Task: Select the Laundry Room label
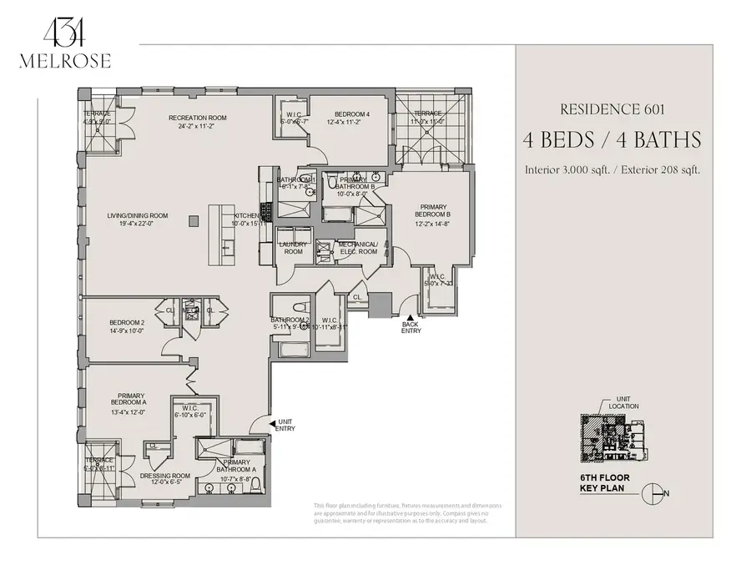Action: [293, 248]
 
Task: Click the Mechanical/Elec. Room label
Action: [358, 248]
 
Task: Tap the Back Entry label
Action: [411, 327]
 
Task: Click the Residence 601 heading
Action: [614, 108]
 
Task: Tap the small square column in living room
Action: [193, 220]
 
